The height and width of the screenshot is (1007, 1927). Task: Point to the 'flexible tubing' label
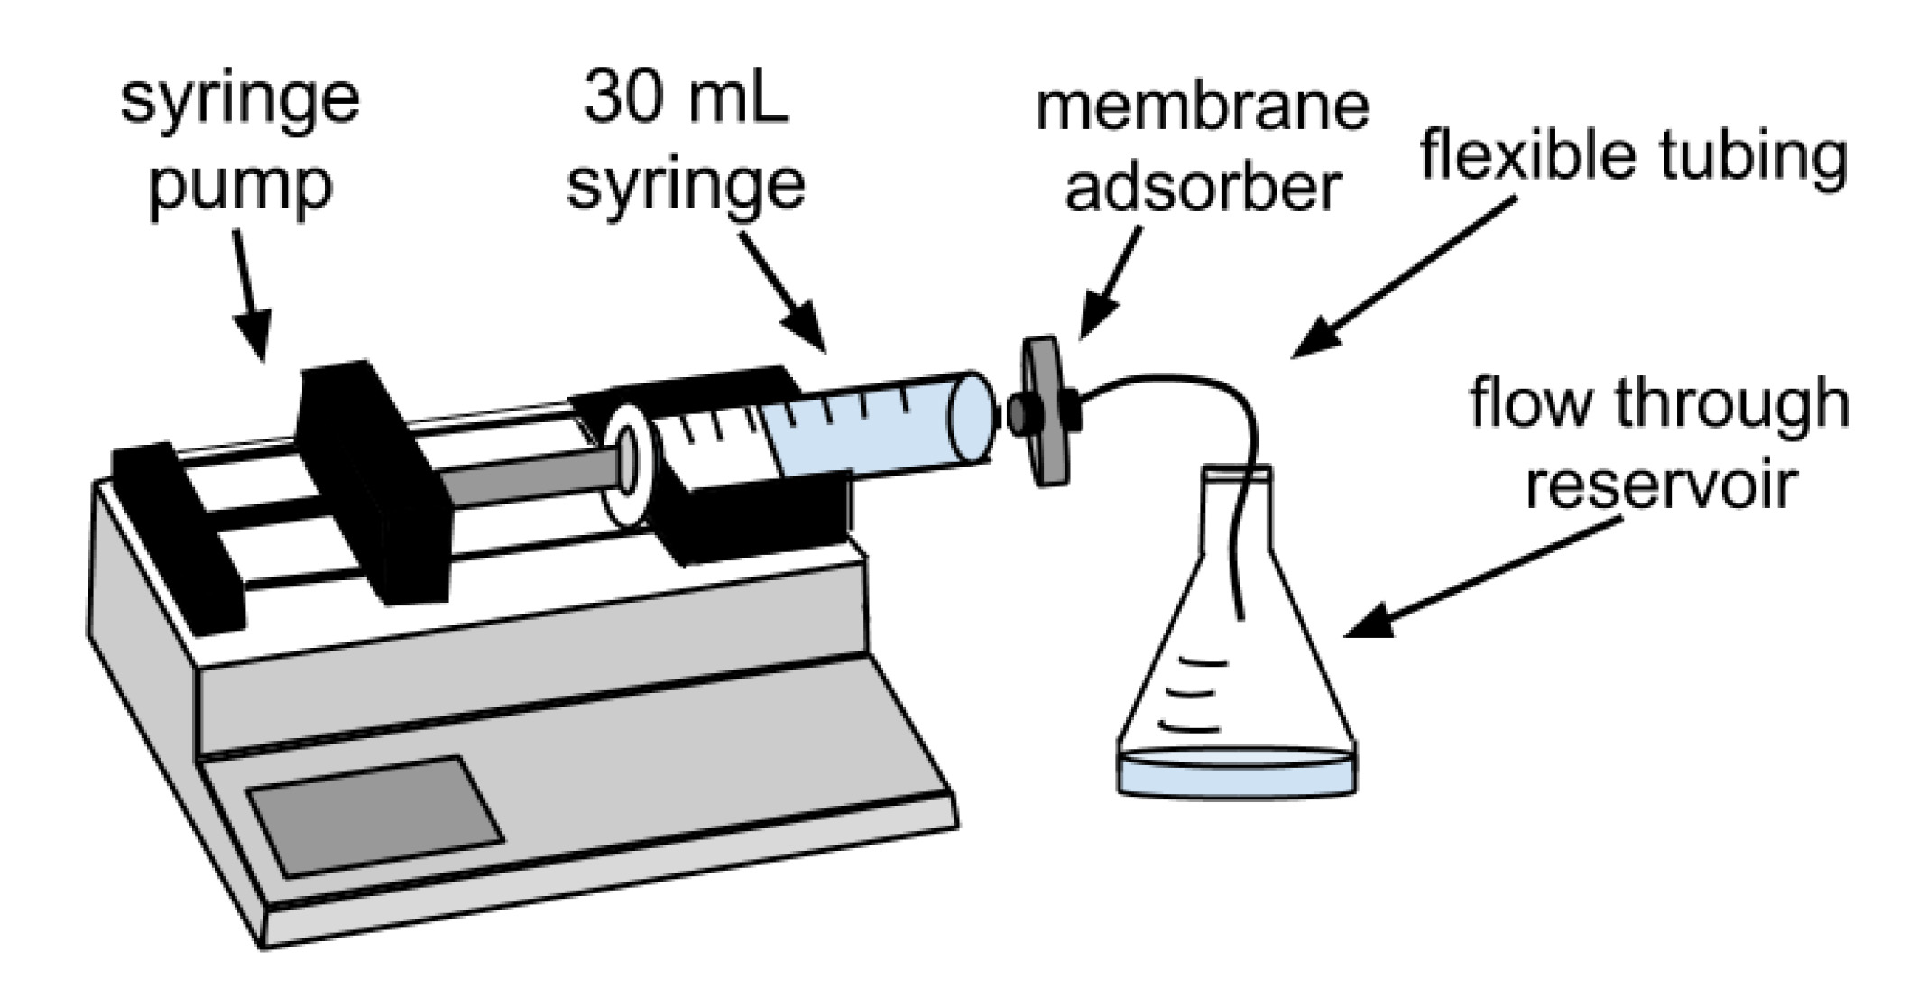tap(1634, 156)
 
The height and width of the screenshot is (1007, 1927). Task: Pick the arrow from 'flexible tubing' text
tap(1407, 275)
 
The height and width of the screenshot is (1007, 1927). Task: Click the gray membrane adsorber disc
tap(1046, 412)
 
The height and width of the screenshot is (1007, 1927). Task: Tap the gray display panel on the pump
tap(373, 816)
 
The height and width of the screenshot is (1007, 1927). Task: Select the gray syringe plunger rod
tap(532, 471)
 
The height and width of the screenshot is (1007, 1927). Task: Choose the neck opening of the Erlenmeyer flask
tap(1237, 472)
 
